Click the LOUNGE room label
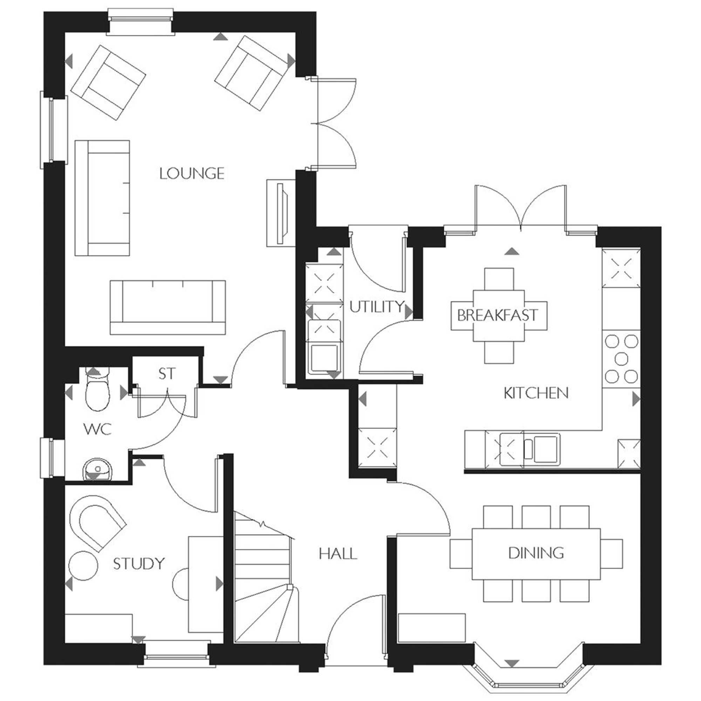(x=192, y=173)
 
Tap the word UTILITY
(x=376, y=307)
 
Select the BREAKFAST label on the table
(x=498, y=315)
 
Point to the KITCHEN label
(x=536, y=393)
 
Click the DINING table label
(x=536, y=553)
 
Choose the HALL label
(x=338, y=554)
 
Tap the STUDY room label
(x=139, y=564)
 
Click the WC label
(x=97, y=430)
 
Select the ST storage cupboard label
(x=167, y=374)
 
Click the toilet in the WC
(x=97, y=392)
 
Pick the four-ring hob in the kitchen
(x=621, y=359)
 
